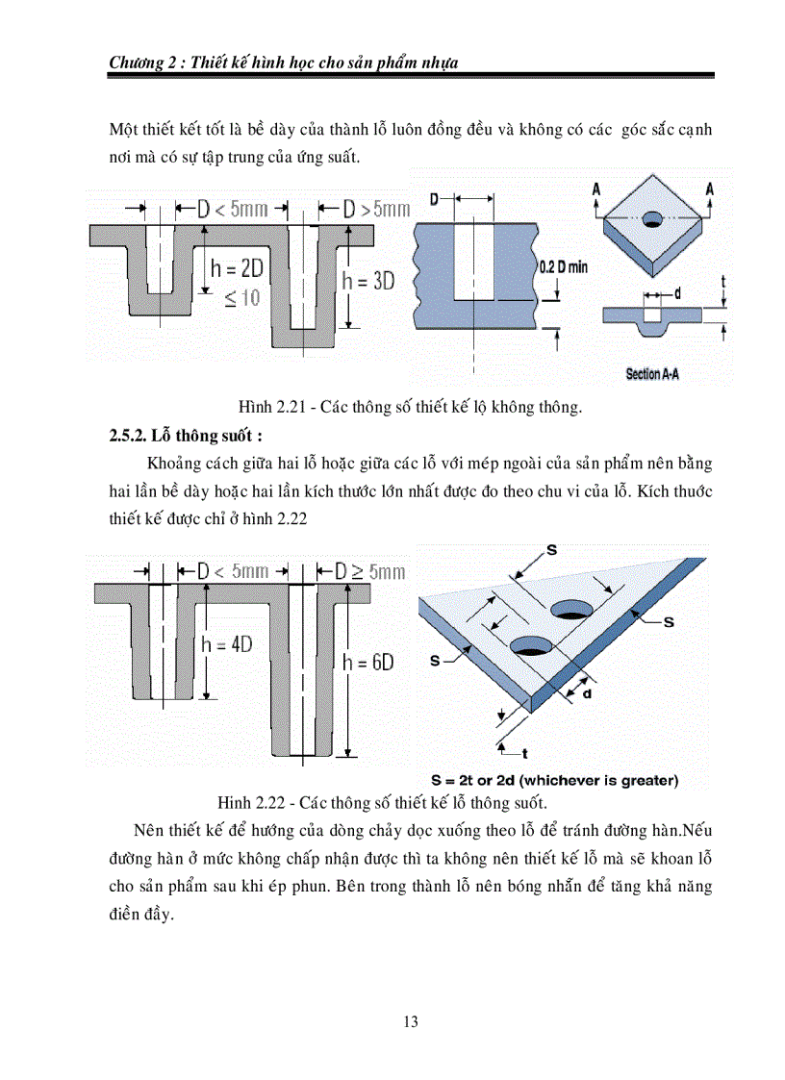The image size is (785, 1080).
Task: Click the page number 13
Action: pyautogui.click(x=411, y=1021)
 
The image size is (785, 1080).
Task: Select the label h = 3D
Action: pyautogui.click(x=368, y=281)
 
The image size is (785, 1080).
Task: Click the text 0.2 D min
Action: pyautogui.click(x=563, y=266)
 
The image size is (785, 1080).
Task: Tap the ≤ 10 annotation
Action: pyautogui.click(x=241, y=298)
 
